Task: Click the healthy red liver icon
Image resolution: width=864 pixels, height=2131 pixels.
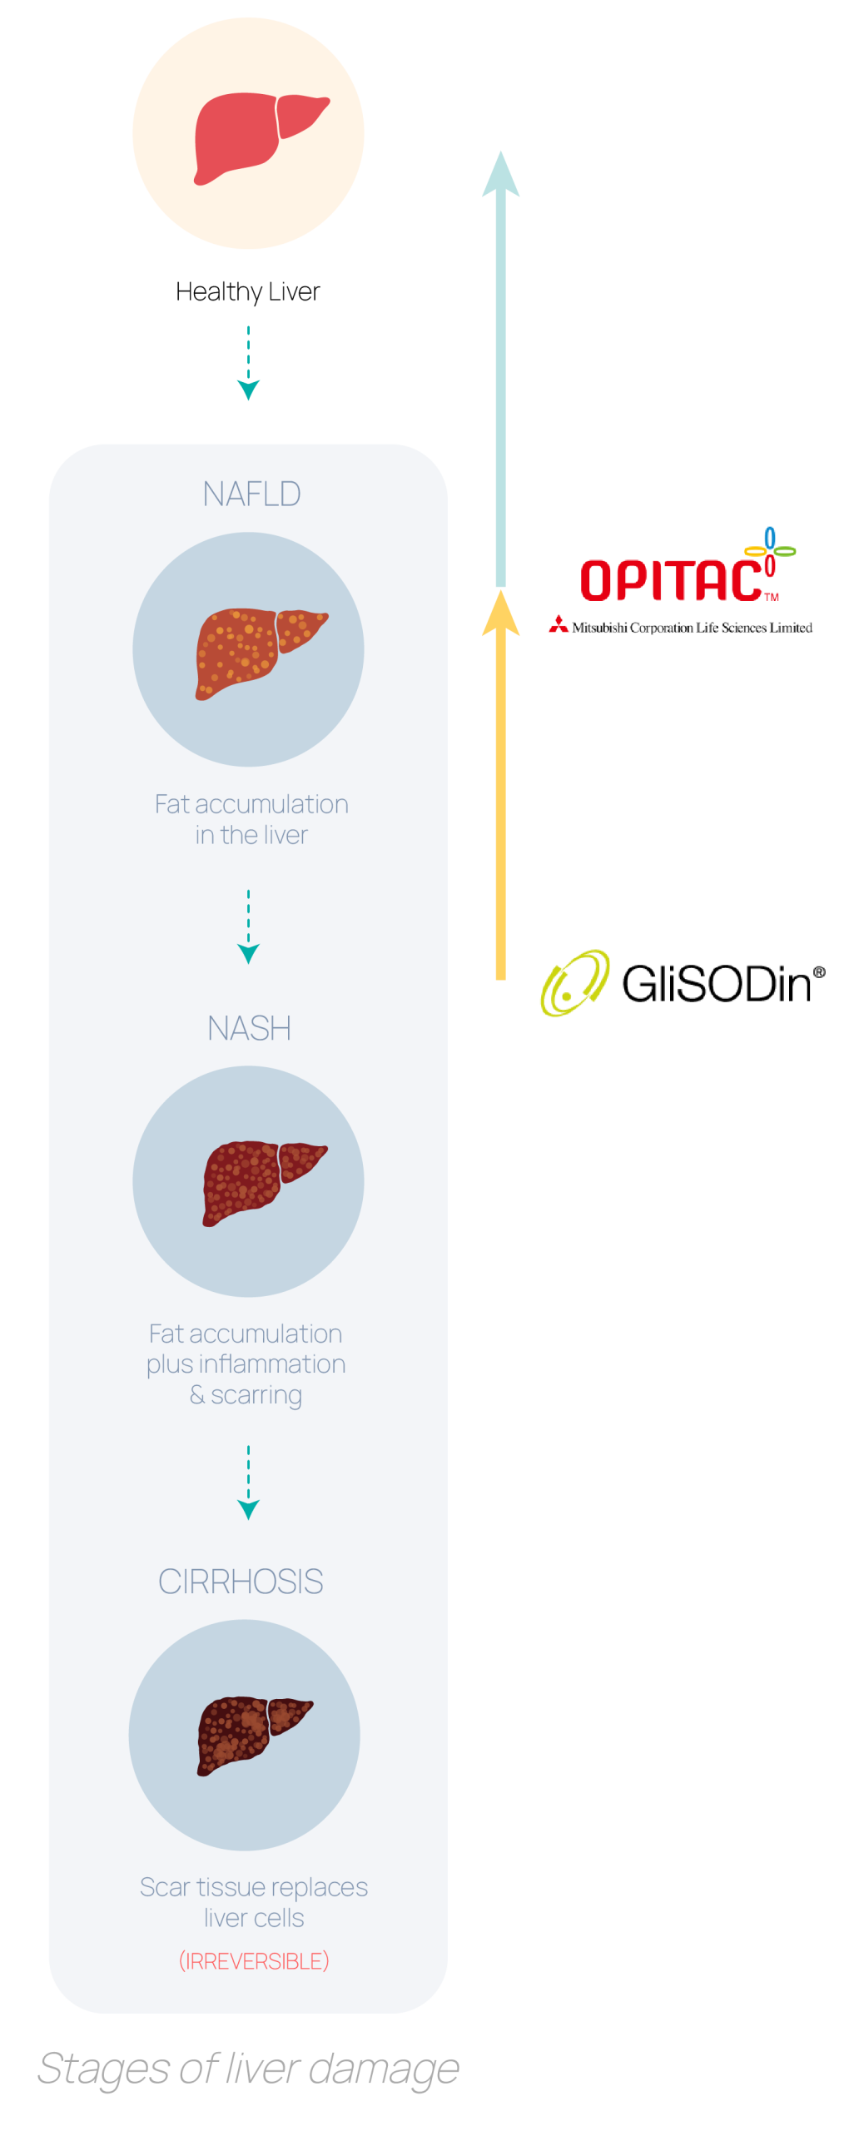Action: pyautogui.click(x=258, y=136)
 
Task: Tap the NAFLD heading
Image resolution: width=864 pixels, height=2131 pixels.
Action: pyautogui.click(x=251, y=494)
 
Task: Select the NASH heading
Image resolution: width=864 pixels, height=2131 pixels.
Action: pyautogui.click(x=249, y=1029)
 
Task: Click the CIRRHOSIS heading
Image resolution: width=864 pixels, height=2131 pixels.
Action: pyautogui.click(x=241, y=1582)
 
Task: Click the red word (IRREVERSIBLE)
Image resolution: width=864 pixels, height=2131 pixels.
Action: pyautogui.click(x=254, y=1961)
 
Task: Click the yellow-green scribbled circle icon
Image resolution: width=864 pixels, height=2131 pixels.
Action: pyautogui.click(x=574, y=983)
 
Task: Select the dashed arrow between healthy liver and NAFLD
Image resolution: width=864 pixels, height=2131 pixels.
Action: pyautogui.click(x=248, y=364)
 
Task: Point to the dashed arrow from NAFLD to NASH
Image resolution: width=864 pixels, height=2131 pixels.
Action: pyautogui.click(x=248, y=926)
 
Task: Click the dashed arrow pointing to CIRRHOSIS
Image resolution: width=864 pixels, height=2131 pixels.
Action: pyautogui.click(x=248, y=1483)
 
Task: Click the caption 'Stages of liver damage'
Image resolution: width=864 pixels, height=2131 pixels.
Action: pyautogui.click(x=248, y=2069)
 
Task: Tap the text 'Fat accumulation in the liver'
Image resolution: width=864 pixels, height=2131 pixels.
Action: pyautogui.click(x=251, y=819)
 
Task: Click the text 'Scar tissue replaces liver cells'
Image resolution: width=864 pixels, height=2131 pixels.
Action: pyautogui.click(x=254, y=1902)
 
